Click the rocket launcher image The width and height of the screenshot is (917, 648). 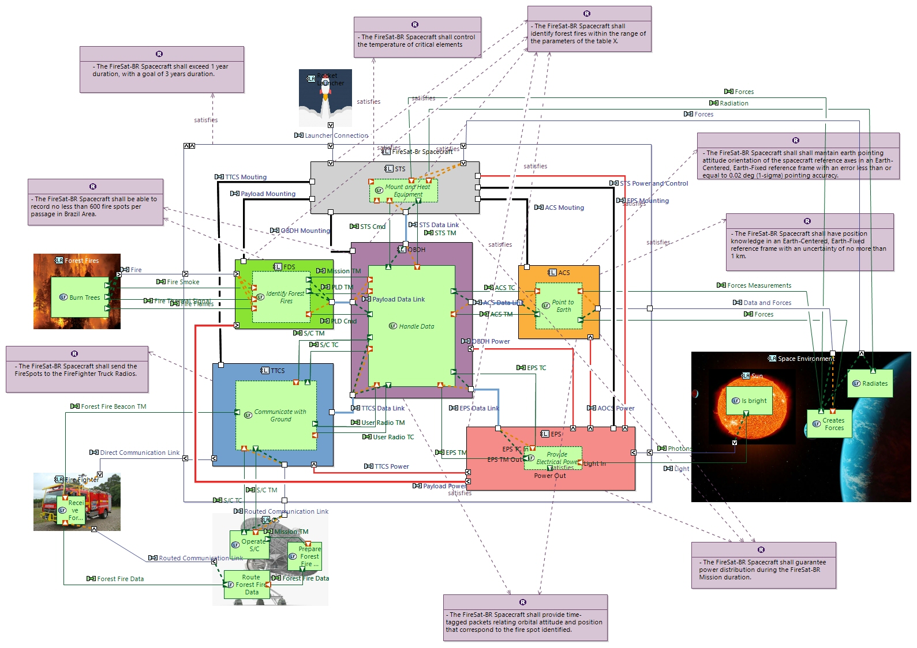point(325,99)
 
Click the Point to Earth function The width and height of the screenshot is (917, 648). point(559,306)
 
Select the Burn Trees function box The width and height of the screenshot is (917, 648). point(80,297)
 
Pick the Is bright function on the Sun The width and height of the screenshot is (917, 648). point(749,401)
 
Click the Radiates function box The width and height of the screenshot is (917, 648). point(870,383)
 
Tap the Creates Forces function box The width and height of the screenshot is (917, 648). point(829,424)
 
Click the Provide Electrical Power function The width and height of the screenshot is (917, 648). point(553,458)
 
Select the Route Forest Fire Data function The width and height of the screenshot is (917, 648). point(246,585)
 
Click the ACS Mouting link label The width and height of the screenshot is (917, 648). point(564,208)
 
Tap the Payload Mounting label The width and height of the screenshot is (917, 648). point(268,194)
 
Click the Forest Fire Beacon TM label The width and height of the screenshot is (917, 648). point(113,406)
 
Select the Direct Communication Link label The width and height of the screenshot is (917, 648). point(139,453)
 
